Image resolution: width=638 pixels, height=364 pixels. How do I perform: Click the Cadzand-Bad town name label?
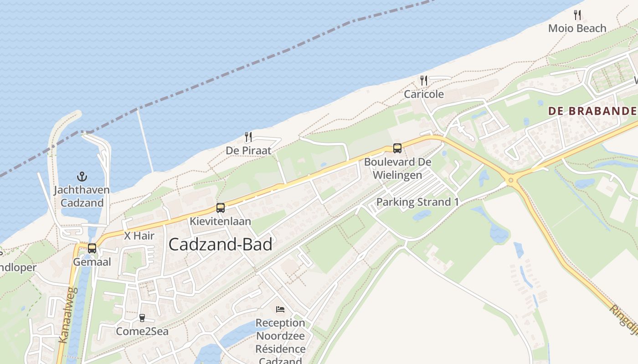coord(220,244)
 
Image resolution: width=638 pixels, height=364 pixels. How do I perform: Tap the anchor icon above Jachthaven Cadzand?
coord(82,177)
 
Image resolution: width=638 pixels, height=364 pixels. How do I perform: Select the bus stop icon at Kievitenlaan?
coord(221,208)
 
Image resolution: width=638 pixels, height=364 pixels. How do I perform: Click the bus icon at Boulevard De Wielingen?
coord(397,148)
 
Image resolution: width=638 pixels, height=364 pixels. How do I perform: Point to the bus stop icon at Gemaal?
coord(92,248)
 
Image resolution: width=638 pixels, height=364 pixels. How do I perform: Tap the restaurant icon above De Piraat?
coord(248,136)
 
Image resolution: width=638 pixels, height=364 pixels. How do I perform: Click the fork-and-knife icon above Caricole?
coord(424,81)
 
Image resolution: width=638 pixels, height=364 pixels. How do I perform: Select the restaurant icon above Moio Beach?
coord(577,15)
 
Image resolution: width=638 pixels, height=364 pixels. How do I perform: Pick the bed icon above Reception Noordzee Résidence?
coord(280,309)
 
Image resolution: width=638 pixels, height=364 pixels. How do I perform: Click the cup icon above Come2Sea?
coord(142,318)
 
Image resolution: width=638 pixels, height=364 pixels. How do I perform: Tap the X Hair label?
coord(139,236)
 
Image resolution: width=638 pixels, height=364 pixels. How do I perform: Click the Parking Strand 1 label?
coord(417,202)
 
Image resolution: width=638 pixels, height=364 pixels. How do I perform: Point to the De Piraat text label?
coord(248,150)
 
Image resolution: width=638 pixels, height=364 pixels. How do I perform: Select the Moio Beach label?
coord(577,28)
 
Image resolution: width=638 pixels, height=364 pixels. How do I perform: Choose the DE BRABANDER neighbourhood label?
coord(592,111)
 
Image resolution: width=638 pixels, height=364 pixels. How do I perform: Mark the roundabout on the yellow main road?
coord(510,180)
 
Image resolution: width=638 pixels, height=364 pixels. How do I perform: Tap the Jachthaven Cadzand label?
coord(82,196)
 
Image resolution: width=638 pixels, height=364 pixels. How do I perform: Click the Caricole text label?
coord(424,94)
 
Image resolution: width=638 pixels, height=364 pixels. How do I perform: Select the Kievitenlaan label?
coord(221,222)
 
